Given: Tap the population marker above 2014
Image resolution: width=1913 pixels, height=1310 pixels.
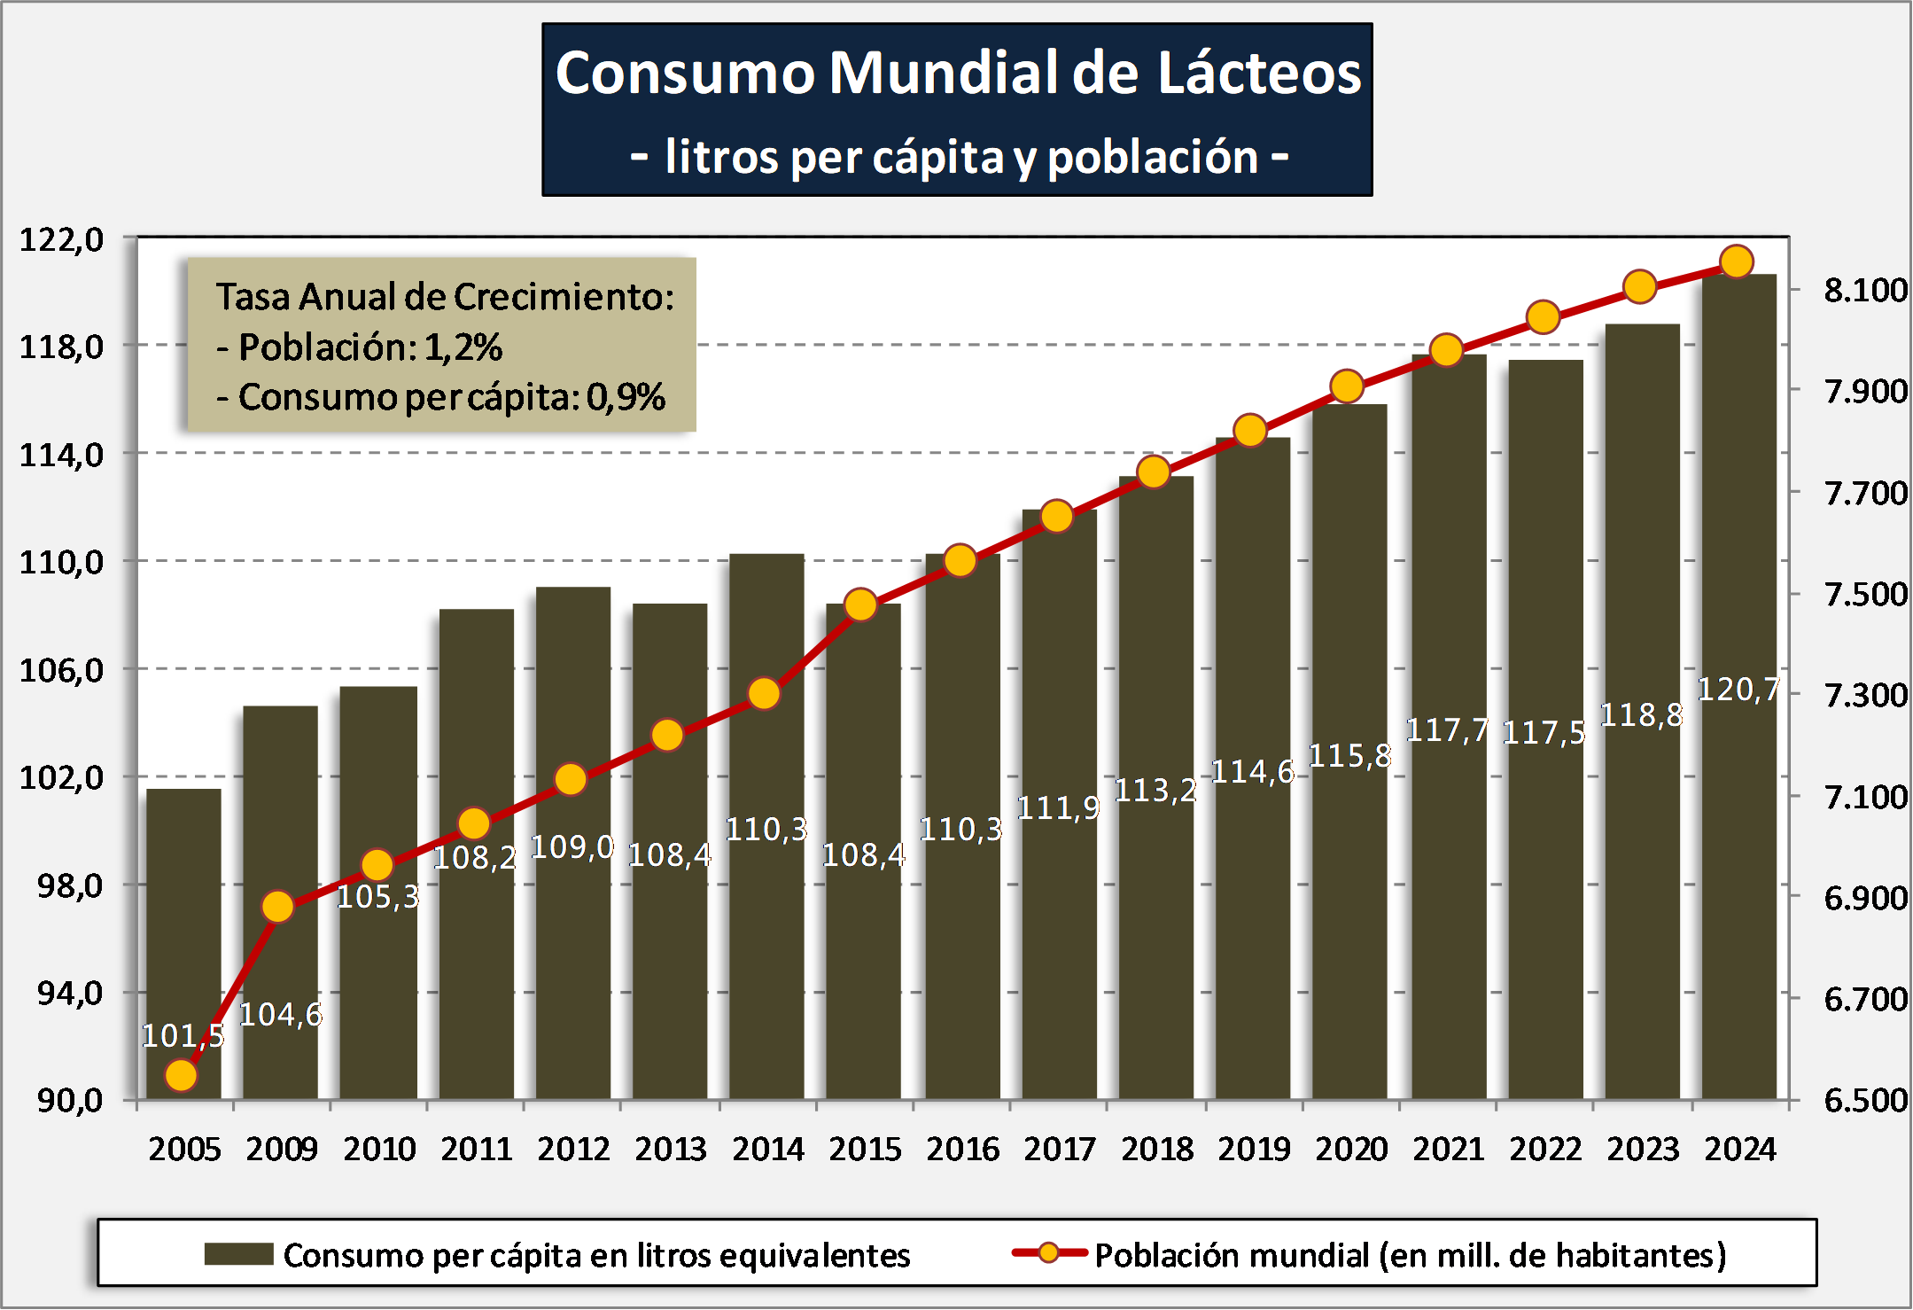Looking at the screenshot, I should pyautogui.click(x=764, y=693).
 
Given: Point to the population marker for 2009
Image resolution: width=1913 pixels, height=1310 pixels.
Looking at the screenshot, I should pyautogui.click(x=278, y=906).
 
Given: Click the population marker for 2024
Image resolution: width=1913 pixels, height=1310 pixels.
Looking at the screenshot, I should pyautogui.click(x=1737, y=261).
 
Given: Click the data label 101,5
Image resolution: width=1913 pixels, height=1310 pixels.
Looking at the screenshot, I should pyautogui.click(x=183, y=1035).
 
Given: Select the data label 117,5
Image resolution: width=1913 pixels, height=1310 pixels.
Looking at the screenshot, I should pyautogui.click(x=1544, y=733).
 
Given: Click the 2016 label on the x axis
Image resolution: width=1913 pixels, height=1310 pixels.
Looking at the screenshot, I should pyautogui.click(x=962, y=1150).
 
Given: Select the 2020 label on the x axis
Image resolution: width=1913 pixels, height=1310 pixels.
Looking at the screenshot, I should pyautogui.click(x=1351, y=1150).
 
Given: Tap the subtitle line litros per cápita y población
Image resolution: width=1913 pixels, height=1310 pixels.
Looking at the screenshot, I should pyautogui.click(x=959, y=158).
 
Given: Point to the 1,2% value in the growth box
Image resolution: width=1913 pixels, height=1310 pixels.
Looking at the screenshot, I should pyautogui.click(x=463, y=347).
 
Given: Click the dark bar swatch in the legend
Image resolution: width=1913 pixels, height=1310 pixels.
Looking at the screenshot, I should pyautogui.click(x=238, y=1254).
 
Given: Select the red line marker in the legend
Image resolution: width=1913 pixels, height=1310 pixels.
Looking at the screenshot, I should pyautogui.click(x=1049, y=1252).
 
